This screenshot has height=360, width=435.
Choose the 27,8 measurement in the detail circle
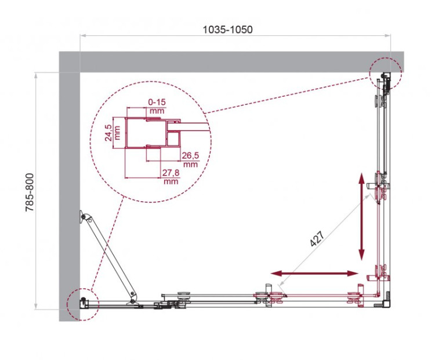click(171, 173)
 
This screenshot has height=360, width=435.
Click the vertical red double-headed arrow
click(361, 216)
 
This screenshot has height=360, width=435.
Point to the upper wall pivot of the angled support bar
click(85, 217)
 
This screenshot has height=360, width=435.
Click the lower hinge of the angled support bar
click(134, 296)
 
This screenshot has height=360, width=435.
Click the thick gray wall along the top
click(232, 61)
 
